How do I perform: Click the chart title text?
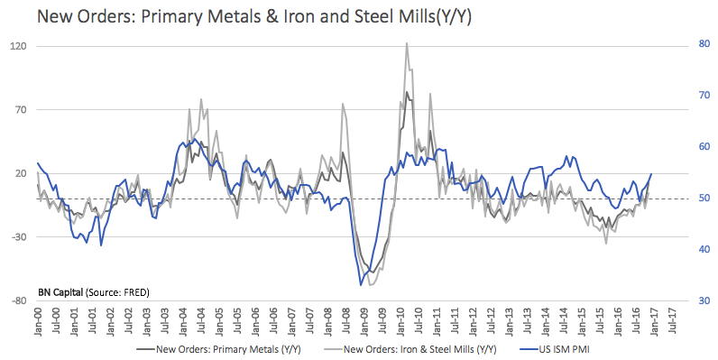click(x=254, y=16)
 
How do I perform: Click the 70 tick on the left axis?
click(x=21, y=110)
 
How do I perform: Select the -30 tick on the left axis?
click(x=20, y=237)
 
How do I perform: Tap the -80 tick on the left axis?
click(x=20, y=301)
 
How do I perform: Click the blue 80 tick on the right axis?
click(x=704, y=44)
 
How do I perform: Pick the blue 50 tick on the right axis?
click(x=704, y=198)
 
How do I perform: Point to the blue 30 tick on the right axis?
click(x=704, y=300)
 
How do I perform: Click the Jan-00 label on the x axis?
click(x=39, y=323)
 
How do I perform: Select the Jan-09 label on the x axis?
click(x=365, y=323)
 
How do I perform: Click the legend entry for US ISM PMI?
click(x=556, y=349)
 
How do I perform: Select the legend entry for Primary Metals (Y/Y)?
click(x=219, y=349)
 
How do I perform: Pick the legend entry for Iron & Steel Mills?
click(x=410, y=349)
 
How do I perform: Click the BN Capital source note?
click(x=94, y=292)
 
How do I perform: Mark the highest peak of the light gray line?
click(x=407, y=43)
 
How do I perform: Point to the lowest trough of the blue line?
click(x=361, y=285)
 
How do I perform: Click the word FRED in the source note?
click(x=135, y=292)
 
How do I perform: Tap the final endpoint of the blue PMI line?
click(x=651, y=173)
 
